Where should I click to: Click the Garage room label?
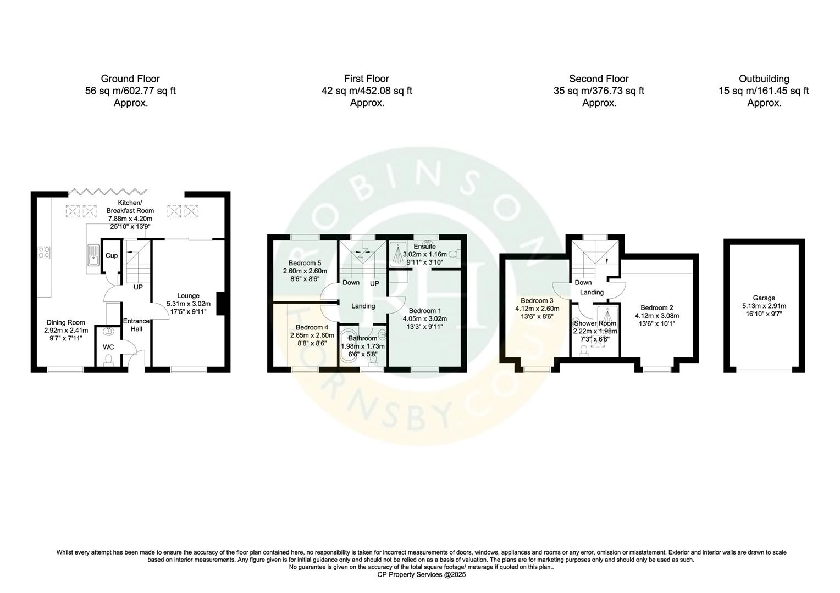point(764,298)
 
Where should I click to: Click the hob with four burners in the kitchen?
point(44,253)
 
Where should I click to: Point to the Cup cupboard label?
point(112,255)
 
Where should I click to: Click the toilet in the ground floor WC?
point(109,359)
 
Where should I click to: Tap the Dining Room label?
point(65,322)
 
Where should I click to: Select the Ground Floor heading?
point(130,79)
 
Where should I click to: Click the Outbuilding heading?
point(764,79)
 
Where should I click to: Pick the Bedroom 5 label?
point(305,263)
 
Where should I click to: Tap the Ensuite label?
point(425,247)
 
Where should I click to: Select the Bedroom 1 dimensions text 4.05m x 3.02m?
point(425,318)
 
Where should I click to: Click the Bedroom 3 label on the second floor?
point(537,300)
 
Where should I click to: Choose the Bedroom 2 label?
point(657,307)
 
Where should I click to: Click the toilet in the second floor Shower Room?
point(583,350)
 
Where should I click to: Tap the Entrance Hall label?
point(136,325)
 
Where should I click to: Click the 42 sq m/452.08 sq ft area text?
point(367,91)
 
